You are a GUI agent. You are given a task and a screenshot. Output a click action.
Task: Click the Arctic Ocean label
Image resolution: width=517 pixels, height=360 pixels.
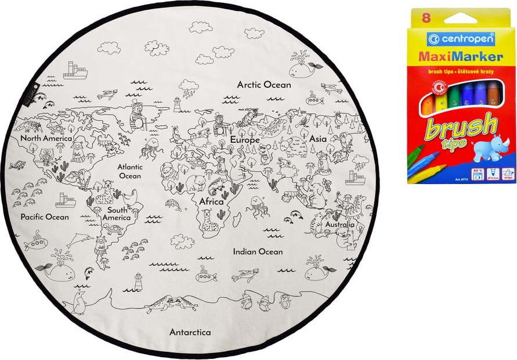[264, 85]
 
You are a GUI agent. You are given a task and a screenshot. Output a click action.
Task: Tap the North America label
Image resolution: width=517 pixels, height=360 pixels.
[46, 139]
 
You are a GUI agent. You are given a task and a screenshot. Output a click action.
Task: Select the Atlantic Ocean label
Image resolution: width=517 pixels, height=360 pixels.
[130, 171]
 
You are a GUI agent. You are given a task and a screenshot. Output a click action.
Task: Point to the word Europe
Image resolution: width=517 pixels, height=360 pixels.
[244, 140]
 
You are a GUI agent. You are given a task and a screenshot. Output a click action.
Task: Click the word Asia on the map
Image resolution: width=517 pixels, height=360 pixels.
[318, 139]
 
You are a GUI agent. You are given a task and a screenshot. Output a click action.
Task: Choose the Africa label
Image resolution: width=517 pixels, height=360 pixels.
[212, 201]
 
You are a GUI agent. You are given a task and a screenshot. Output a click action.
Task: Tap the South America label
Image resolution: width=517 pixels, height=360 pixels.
[117, 214]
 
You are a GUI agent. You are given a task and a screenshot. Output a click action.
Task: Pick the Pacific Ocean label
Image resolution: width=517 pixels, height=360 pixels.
[45, 217]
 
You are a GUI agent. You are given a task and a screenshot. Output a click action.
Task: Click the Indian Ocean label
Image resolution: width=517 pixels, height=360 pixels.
[258, 252]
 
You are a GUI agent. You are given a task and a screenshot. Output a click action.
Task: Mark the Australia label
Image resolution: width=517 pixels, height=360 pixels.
[339, 224]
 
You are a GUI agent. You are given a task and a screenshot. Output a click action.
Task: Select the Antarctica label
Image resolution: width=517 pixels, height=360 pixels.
[190, 333]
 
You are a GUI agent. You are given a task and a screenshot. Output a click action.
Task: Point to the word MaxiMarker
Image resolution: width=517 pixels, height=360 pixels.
[460, 57]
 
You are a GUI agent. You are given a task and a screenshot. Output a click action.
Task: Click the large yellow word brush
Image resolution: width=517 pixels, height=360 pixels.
[462, 128]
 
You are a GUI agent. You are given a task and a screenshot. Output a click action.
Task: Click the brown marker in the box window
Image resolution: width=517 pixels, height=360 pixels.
[493, 95]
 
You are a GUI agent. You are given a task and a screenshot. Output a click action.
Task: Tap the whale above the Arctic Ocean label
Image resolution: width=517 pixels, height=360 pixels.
[303, 70]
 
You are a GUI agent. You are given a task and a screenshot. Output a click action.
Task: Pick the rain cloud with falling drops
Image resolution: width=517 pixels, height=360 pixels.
[189, 88]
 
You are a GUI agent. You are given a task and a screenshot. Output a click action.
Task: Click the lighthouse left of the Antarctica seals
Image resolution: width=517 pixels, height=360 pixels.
[138, 281]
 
